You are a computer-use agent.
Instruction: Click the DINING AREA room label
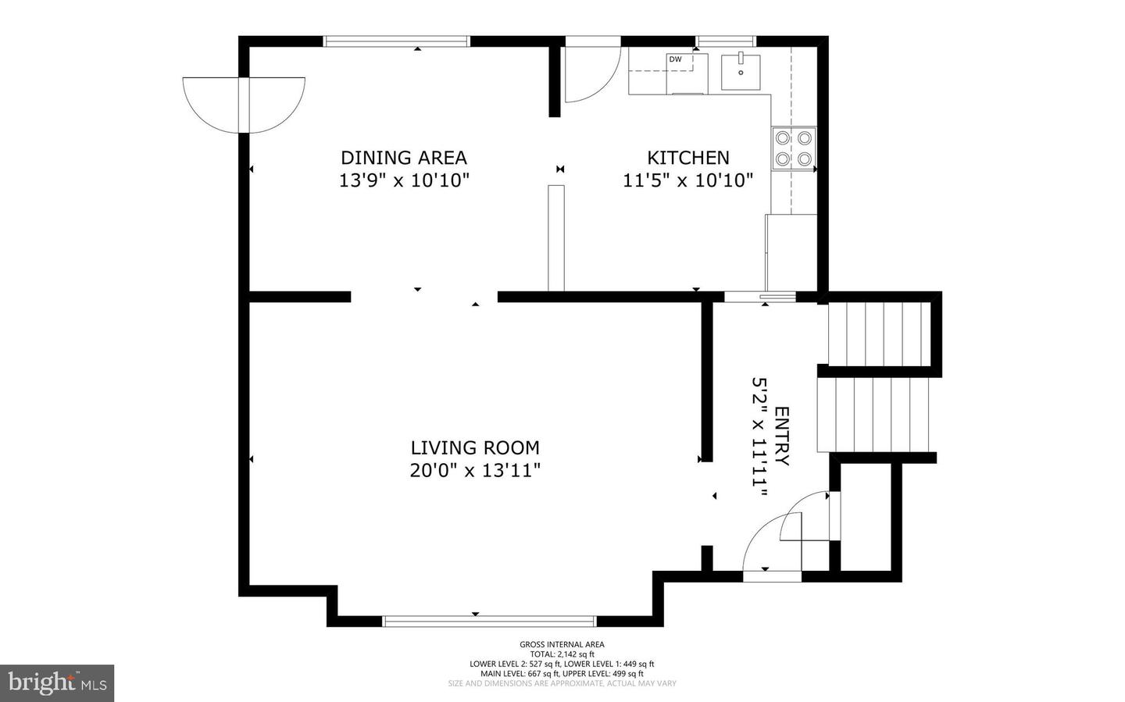[x=403, y=157]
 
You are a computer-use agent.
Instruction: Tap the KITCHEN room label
[x=687, y=158]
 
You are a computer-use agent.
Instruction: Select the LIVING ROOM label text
[x=475, y=447]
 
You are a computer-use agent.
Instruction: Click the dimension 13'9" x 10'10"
[x=403, y=180]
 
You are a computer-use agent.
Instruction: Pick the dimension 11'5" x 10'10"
[x=687, y=180]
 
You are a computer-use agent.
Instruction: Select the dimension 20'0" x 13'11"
[x=475, y=470]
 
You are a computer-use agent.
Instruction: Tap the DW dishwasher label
[x=675, y=59]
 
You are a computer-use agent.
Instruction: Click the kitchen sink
[x=741, y=72]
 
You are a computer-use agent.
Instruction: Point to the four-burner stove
[x=793, y=148]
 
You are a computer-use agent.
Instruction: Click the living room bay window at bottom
[x=489, y=622]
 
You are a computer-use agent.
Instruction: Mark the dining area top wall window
[x=397, y=41]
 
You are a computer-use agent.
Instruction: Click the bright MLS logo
[x=57, y=683]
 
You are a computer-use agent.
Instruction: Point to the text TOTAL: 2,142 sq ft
[x=562, y=654]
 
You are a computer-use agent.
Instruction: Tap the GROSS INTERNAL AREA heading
[x=562, y=644]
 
